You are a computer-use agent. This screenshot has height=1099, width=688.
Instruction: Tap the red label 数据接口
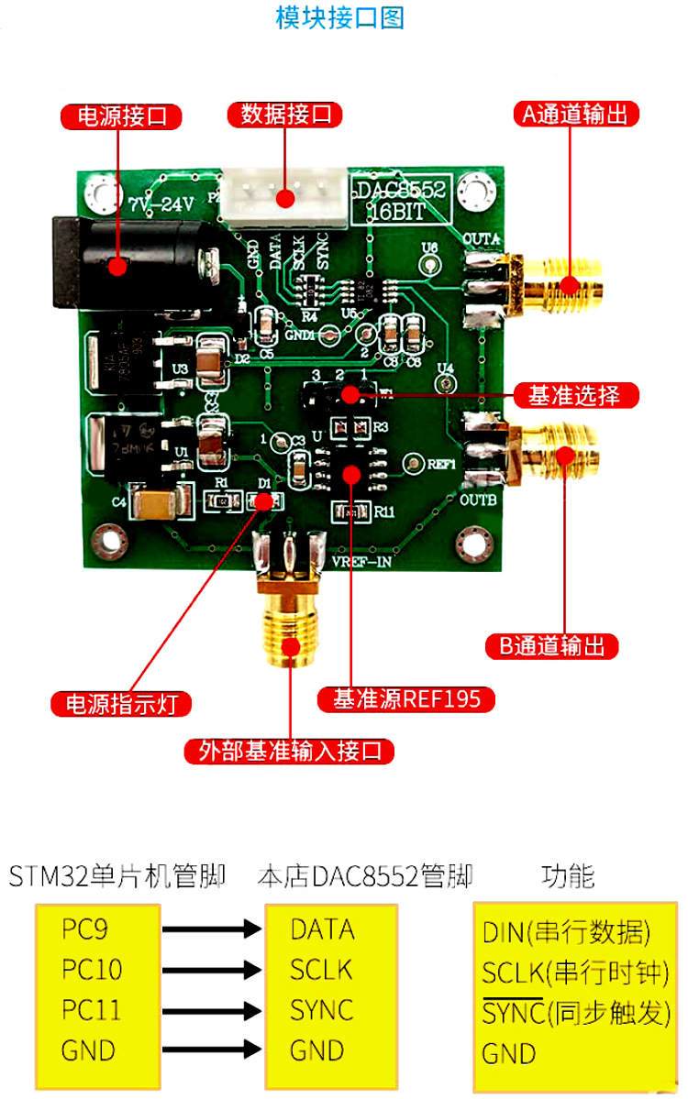click(285, 115)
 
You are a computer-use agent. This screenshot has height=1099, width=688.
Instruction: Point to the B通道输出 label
click(551, 645)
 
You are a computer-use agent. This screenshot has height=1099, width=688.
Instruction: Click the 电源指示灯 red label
click(121, 704)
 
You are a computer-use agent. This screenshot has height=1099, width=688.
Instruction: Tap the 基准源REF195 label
click(405, 699)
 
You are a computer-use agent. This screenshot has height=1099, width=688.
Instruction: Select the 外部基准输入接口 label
click(290, 752)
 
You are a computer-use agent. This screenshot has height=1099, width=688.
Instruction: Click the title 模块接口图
click(340, 17)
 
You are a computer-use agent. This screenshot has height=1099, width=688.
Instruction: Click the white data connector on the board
click(283, 197)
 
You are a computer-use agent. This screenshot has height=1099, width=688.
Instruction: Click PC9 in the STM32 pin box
click(85, 929)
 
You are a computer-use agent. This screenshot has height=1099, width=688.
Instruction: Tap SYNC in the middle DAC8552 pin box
click(322, 1010)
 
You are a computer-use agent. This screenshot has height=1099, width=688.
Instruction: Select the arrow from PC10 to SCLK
click(211, 970)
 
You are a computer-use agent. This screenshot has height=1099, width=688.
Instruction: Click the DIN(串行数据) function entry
click(566, 933)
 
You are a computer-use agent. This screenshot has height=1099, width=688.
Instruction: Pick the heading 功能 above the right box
click(568, 876)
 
